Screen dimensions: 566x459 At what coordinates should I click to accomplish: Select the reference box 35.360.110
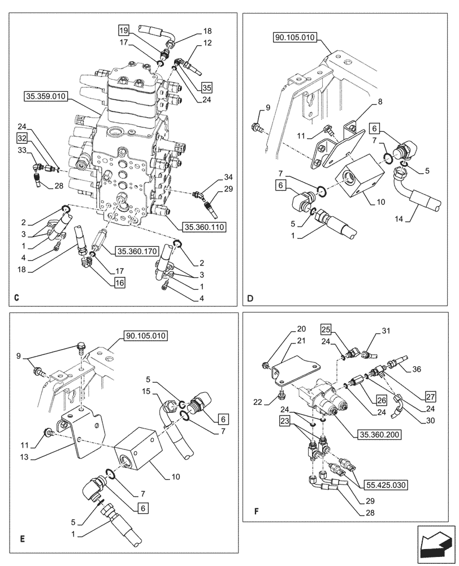coord(204,227)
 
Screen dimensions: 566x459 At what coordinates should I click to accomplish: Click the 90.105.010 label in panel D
coord(296,37)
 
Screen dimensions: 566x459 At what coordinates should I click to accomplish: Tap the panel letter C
coord(16,298)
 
